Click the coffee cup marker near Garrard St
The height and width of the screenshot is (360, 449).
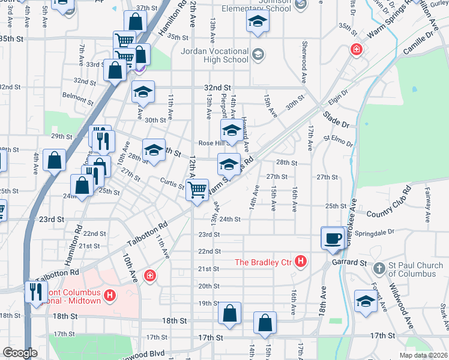[x=332, y=238]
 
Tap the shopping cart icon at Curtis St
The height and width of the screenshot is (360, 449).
[x=197, y=190]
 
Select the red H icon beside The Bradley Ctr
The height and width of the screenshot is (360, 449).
[x=301, y=262]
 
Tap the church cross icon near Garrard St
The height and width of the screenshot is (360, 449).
[x=379, y=267]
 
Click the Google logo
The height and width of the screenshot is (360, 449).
[x=20, y=353]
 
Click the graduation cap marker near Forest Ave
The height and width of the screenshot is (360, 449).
[x=365, y=301]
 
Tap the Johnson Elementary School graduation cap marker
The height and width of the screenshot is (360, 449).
[x=258, y=22]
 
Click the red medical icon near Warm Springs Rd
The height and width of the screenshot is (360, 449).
[x=356, y=49]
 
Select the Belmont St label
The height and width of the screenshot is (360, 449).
[x=78, y=96]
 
